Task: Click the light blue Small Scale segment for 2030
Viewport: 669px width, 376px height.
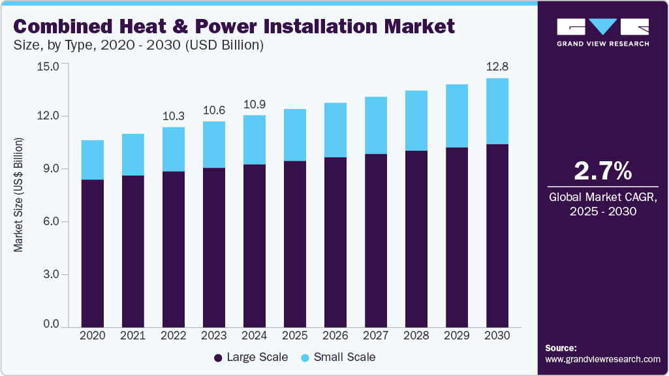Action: [497, 111]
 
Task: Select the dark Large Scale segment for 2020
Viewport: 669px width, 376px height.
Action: [92, 253]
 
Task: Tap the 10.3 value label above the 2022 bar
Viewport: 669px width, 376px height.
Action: [173, 116]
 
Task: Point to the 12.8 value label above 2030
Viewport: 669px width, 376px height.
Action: [497, 67]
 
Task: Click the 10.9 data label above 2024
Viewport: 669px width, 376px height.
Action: [254, 104]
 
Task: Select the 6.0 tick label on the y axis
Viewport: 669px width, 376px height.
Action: [51, 222]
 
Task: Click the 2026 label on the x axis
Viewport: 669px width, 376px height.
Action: [335, 335]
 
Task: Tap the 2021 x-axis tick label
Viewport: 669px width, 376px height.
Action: [132, 335]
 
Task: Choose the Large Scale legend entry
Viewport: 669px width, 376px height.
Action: [251, 357]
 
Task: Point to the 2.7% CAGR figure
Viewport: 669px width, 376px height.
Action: [602, 171]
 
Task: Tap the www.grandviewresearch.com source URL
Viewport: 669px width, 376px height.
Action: [602, 359]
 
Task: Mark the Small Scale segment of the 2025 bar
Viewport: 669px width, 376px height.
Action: [294, 135]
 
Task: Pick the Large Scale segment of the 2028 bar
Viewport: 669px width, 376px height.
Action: [416, 238]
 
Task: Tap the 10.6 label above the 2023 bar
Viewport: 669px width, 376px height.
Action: [213, 110]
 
